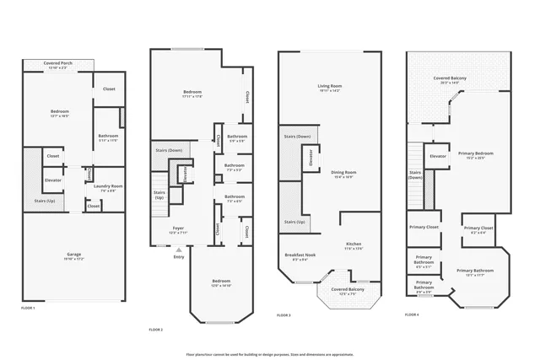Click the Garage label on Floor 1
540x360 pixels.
coord(74,255)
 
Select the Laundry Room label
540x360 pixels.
coord(108,187)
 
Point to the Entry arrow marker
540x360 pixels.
coord(178,250)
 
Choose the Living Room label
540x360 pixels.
coord(329,88)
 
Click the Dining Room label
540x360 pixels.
coord(342,175)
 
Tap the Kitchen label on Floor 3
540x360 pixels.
coord(354,246)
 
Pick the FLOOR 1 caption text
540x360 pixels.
coord(28,309)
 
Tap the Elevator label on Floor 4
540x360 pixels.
coord(438,156)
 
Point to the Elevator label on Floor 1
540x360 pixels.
coord(53,180)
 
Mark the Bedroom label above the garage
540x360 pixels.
coord(59,112)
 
